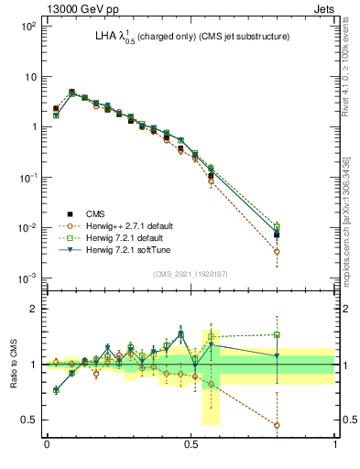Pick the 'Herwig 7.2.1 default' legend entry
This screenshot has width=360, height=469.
[122, 237]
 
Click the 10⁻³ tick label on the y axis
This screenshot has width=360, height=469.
[26, 278]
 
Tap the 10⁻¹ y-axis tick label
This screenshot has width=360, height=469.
[26, 177]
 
